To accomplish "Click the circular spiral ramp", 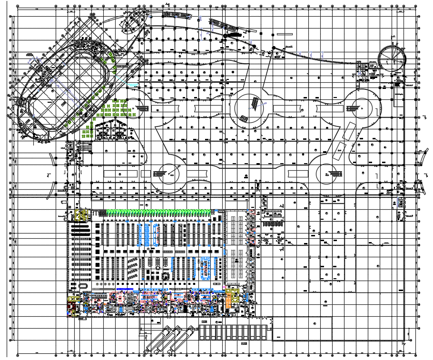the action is [392, 57].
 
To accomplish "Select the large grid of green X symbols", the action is [116, 110].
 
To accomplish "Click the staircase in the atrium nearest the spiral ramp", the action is [354, 108].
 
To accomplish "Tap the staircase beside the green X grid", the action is [143, 109].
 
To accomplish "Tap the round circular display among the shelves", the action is [166, 275].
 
